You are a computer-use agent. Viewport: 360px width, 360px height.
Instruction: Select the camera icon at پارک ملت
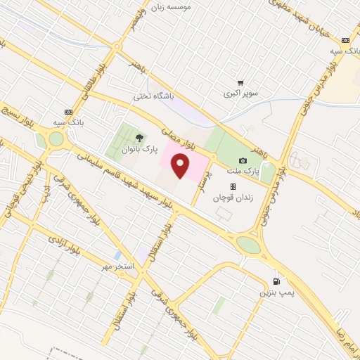click(243, 161)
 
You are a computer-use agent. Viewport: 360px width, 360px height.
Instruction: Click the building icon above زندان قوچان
click(232, 187)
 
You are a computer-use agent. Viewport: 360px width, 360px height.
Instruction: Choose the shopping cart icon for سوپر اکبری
click(240, 83)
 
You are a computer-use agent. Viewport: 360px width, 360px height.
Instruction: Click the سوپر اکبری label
click(241, 94)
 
